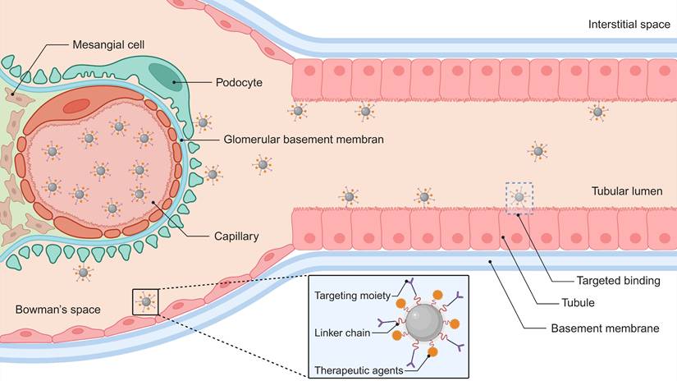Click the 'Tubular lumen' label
point(633,191)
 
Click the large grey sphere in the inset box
point(423,327)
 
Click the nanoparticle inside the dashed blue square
point(518,197)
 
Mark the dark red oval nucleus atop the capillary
point(76,105)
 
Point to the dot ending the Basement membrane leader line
point(491,262)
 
